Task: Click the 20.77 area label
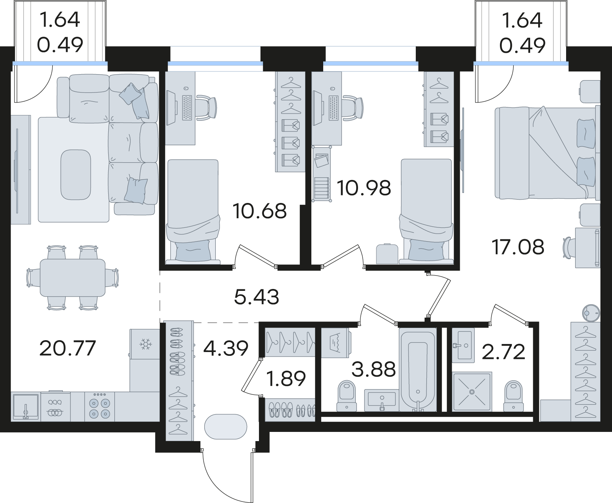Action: coord(67,348)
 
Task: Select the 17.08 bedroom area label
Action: coord(518,247)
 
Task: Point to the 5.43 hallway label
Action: coord(257,297)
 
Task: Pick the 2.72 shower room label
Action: coord(503,352)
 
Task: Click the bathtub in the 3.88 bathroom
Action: coord(418,369)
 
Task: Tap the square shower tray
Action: coord(472,391)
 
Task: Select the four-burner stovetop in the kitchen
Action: coord(99,406)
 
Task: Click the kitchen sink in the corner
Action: coord(26,406)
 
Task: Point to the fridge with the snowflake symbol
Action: coord(145,344)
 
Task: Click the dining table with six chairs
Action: coord(73,278)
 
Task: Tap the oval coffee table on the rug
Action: coord(76,175)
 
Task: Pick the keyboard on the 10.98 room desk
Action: coord(334,108)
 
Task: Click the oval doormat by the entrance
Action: coord(225,427)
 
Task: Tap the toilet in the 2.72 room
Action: coord(513,396)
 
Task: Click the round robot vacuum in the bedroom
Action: coord(591,313)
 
